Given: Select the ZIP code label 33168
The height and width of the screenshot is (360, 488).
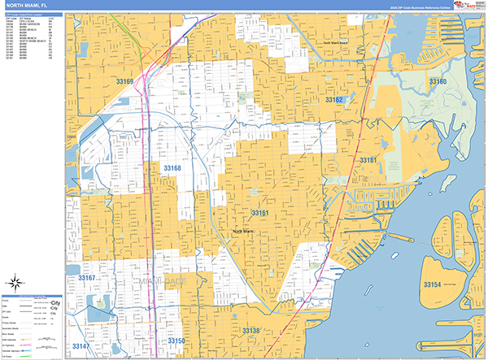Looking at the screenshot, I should (172, 168).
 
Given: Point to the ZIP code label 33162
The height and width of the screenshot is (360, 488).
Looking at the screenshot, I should (334, 100).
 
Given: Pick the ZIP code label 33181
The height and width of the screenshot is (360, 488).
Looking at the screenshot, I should (369, 160).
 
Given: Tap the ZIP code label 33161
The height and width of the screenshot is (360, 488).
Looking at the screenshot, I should (259, 212).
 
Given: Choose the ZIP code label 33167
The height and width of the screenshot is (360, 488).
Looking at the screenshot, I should (87, 278).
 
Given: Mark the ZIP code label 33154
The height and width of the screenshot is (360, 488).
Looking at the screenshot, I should (431, 284).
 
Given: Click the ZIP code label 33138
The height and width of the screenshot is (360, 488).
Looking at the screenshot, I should (251, 330).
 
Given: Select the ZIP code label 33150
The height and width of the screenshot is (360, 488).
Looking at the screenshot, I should (176, 340).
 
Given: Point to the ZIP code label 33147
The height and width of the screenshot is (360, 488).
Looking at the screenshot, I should (81, 346).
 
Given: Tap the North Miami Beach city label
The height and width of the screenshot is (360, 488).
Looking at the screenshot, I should (334, 42).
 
